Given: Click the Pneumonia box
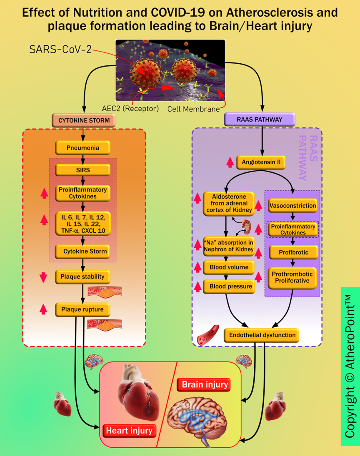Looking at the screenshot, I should coord(83,148).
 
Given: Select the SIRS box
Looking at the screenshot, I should coord(83,169).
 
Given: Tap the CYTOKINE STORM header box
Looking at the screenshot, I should coord(83,120).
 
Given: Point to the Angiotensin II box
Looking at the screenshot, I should coord(261,162).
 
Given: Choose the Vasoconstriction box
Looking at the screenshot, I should coord(292,206).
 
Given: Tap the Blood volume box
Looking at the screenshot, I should coord(229,267).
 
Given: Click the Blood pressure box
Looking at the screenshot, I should coord(229,287).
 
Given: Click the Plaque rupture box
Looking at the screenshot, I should coord(82,309).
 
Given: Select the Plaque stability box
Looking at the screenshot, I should coord(82,276).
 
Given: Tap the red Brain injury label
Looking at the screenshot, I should coord(204,385).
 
